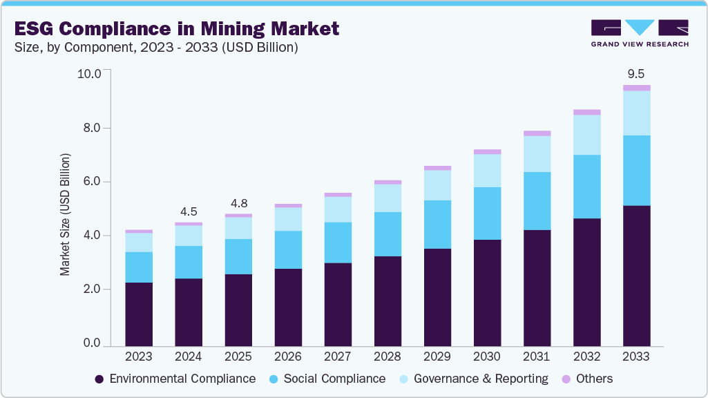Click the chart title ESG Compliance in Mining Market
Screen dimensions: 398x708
tap(175, 28)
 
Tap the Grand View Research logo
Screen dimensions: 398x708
tap(640, 32)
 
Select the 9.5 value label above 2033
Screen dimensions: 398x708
tap(636, 73)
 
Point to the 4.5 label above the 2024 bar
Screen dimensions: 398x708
tap(189, 211)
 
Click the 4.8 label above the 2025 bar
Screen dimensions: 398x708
tap(238, 203)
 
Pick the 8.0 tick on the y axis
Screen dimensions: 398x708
tap(92, 128)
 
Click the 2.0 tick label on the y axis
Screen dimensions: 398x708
tap(92, 290)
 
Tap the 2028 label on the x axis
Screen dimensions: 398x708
tap(388, 357)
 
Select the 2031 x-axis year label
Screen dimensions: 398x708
tap(537, 357)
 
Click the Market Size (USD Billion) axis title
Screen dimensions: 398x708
tap(66, 216)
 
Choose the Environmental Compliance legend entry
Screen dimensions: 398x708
tap(175, 379)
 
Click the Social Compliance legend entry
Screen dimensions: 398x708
tap(327, 379)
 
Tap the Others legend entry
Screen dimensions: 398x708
tap(586, 379)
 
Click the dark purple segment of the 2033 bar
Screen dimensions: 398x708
tap(636, 276)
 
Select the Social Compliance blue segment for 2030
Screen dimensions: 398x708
tap(487, 213)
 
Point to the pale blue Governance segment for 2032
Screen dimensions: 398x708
tap(586, 135)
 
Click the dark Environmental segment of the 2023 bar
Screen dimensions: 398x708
tap(139, 314)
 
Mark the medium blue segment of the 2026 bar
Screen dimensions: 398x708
tap(288, 249)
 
